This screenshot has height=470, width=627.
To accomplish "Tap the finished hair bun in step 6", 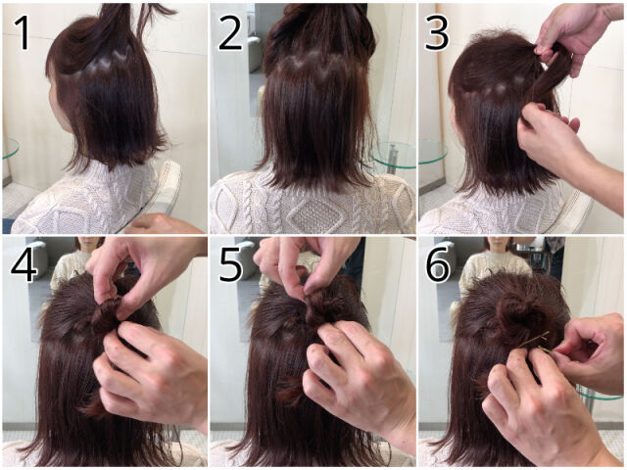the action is coord(520,312).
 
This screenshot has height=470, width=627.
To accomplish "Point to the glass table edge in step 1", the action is coord(10,149).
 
